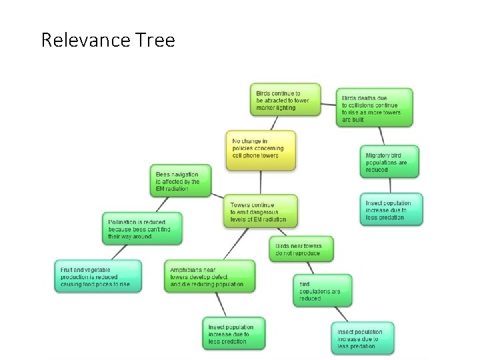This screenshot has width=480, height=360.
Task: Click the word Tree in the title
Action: point(158,41)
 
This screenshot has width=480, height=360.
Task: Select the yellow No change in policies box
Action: point(260,149)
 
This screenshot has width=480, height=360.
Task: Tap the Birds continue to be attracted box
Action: point(285,101)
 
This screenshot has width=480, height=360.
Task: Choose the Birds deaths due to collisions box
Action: point(374,107)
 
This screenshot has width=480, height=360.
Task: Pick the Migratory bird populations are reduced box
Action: point(389,162)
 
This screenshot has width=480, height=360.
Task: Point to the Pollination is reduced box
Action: point(143,228)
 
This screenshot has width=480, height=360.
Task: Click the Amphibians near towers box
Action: point(209,276)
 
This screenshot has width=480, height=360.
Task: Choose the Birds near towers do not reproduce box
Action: point(301,249)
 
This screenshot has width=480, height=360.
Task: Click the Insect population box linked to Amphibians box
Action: point(233,333)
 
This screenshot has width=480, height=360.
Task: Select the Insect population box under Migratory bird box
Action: point(393,210)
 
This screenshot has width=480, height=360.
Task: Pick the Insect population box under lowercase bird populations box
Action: point(363,339)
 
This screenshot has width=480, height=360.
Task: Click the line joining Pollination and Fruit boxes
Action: point(121,251)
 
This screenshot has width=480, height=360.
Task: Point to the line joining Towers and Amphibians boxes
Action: point(235,243)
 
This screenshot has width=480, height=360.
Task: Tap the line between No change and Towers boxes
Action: point(261,181)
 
